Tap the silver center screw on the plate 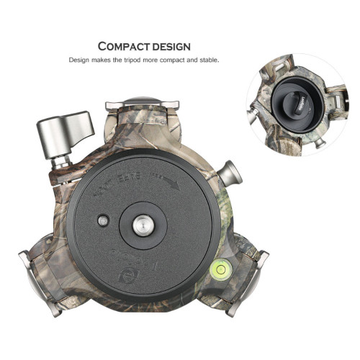point(140,225)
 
